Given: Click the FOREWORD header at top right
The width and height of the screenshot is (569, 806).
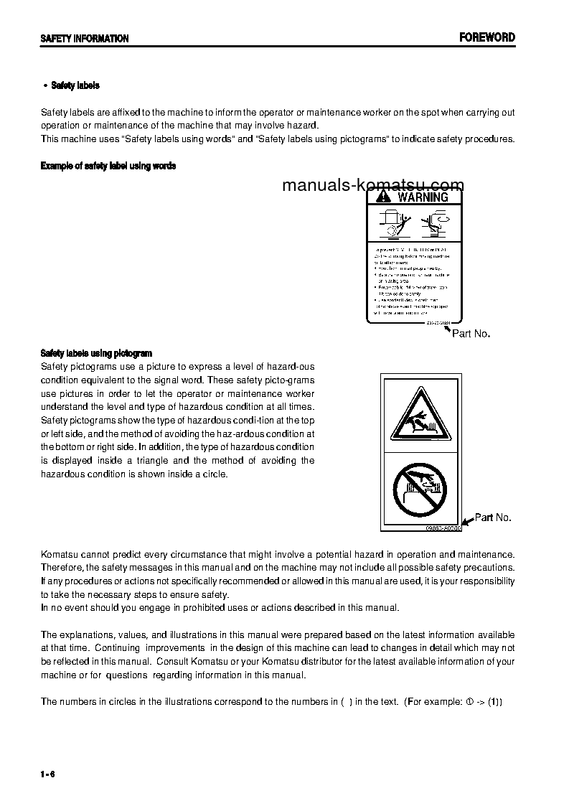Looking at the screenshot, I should tap(487, 38).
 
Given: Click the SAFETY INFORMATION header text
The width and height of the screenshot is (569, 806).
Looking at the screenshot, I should tap(85, 39).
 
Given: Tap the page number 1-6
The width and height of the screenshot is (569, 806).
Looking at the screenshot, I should tap(48, 773).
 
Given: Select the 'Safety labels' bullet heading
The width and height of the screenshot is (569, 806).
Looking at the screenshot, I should tap(75, 85).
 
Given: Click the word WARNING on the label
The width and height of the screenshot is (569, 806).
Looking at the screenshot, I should tap(423, 197).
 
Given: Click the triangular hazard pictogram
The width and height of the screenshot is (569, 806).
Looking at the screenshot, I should tap(420, 416).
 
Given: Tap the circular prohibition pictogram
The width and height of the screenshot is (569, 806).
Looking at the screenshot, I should tap(420, 488).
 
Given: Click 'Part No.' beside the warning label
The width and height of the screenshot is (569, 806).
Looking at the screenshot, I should tap(471, 334).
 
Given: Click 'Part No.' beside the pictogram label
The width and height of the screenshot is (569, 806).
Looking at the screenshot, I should tap(493, 517).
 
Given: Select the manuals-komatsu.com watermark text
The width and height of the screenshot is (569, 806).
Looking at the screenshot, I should tap(373, 185).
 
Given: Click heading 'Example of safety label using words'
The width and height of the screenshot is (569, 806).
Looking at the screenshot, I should tap(108, 166).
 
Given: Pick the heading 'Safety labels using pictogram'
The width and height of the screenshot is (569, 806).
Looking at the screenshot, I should tap(96, 353).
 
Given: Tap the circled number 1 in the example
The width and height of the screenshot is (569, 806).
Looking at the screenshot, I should tap(470, 701).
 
